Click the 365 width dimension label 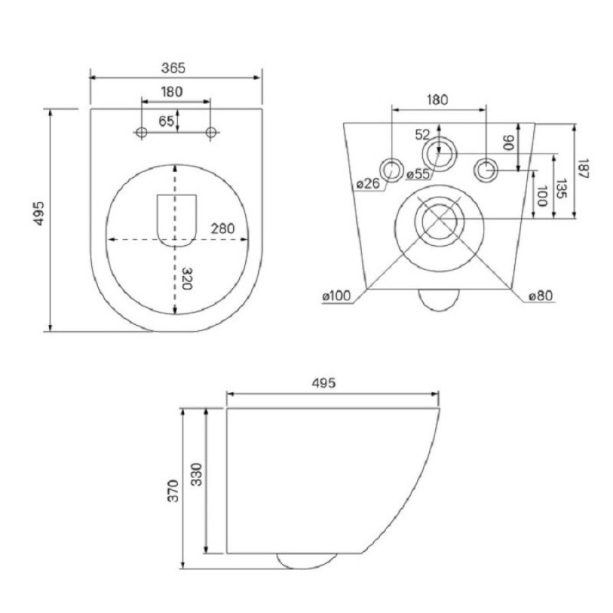173,68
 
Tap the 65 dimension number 166,121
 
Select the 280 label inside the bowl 223,228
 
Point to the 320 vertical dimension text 187,279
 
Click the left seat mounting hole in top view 142,132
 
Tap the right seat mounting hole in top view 211,132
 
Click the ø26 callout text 368,183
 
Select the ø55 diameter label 418,174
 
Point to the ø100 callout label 336,296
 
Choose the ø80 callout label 541,296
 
